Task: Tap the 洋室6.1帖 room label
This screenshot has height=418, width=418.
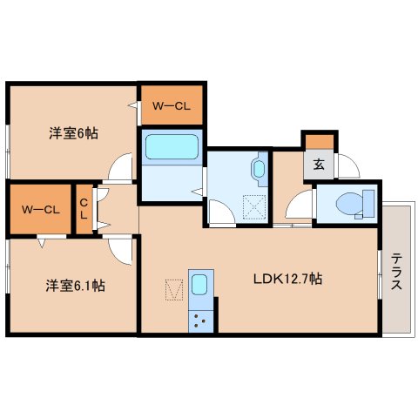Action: pos(76,285)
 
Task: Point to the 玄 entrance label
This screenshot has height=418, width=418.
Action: pos(320,163)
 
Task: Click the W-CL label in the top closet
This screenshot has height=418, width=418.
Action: pos(172,105)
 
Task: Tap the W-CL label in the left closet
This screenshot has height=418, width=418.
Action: pos(40,209)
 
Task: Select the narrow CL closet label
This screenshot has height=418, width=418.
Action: pos(84,209)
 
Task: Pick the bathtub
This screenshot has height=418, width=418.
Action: pos(172,146)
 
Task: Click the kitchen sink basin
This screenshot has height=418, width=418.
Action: pos(199,285)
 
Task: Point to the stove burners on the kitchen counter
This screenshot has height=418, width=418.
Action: pos(201,319)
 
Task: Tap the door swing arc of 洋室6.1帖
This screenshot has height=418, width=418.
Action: pos(121,248)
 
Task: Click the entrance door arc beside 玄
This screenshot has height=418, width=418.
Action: pos(347,165)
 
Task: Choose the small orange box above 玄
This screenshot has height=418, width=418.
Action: pos(319,140)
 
